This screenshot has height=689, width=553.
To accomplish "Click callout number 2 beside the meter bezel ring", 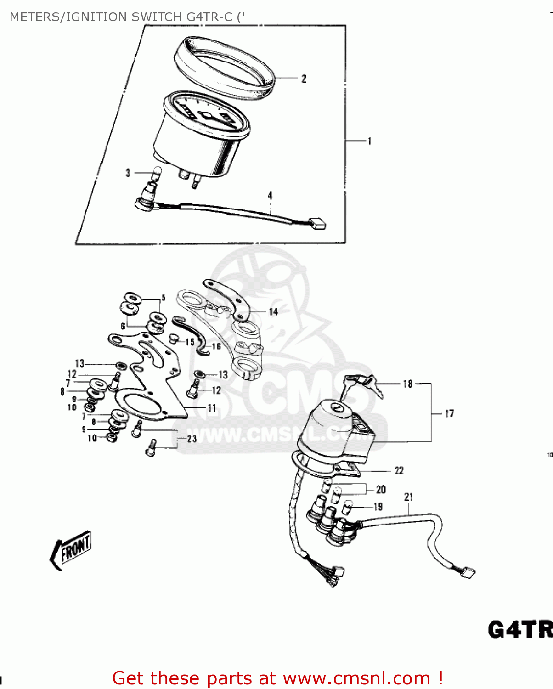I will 304,79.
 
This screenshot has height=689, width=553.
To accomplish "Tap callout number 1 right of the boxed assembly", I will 369,141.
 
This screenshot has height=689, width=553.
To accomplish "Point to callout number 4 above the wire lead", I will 270,196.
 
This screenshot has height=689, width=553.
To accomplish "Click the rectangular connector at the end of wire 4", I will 318,223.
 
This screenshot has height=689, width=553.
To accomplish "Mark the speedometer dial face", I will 205,115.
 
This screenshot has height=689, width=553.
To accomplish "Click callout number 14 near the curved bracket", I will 273,312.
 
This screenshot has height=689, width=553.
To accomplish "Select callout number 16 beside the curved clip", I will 216,346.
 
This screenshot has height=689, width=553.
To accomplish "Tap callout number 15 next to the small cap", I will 190,342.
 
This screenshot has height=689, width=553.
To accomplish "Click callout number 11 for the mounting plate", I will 212,408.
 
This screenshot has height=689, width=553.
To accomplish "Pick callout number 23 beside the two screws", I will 192,439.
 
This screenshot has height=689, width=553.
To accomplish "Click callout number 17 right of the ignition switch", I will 449,414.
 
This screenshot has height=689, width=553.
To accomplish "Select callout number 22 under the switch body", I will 399,470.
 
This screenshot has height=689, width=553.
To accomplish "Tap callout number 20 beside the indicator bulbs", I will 381,490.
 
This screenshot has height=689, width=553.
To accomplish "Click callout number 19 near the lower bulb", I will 378,507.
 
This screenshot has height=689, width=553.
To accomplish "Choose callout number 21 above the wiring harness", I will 408,497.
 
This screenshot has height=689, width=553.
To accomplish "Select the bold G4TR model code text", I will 519,629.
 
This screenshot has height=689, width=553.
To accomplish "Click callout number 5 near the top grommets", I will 163,298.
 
